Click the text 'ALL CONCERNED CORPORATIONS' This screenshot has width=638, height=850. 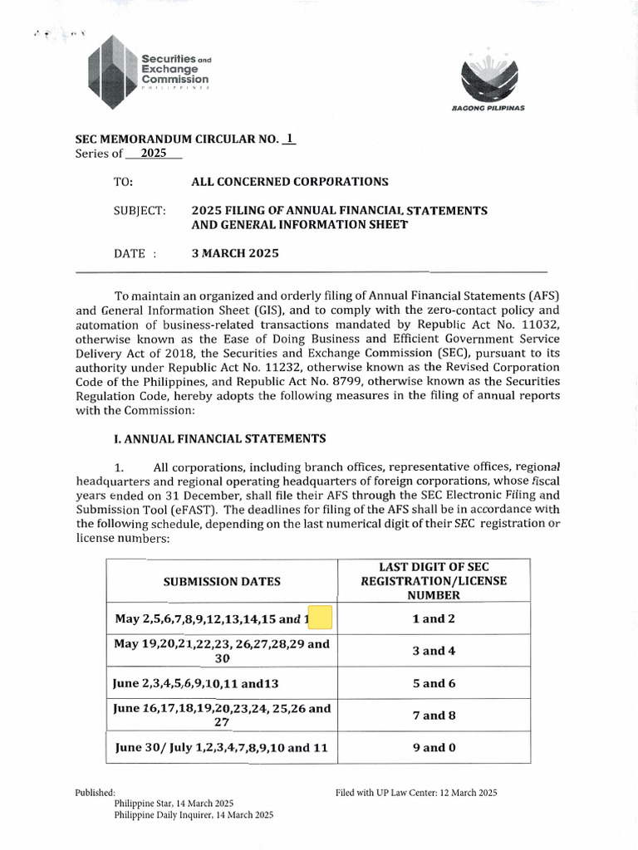click(290, 181)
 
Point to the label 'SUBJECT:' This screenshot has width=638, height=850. click(140, 211)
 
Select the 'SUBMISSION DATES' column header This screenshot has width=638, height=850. click(222, 580)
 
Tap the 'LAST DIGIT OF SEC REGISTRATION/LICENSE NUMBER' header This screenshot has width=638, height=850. click(434, 580)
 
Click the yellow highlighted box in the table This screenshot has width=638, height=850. click(319, 618)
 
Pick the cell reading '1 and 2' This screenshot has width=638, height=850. click(434, 618)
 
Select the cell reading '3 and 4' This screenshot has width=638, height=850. click(434, 651)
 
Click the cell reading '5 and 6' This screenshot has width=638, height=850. click(434, 683)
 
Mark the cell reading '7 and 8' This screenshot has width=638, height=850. click(434, 716)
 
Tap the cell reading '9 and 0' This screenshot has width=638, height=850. click(434, 747)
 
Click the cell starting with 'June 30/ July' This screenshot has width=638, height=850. click(222, 747)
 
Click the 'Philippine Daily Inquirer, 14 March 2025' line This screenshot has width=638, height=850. click(194, 815)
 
